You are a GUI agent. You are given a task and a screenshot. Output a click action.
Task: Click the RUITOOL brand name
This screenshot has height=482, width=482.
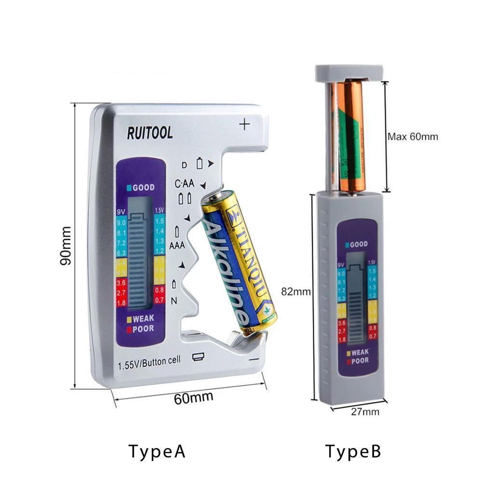click(150, 133)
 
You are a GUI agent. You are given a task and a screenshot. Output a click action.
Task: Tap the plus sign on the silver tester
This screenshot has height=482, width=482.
click(245, 124)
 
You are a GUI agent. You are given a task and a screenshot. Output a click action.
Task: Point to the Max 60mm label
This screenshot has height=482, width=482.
click(413, 136)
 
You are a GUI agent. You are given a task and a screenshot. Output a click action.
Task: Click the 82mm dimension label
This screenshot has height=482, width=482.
click(295, 291)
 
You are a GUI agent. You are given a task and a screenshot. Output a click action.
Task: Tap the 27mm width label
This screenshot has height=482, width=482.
click(364, 411)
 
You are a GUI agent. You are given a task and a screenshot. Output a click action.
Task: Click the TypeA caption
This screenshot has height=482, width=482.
click(157, 452)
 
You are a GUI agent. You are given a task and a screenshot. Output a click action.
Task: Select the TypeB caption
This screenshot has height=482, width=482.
click(353, 452)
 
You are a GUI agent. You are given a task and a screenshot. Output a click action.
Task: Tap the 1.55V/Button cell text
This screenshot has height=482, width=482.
click(149, 362)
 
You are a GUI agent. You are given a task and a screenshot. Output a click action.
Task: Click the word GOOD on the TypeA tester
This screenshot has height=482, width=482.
click(143, 187)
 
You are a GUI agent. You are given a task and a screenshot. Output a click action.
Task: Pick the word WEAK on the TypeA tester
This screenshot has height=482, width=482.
click(143, 318)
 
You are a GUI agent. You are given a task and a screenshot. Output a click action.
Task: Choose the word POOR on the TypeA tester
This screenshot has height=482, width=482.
click(143, 329)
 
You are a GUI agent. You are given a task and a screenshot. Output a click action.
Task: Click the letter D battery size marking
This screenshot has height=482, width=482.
click(184, 165)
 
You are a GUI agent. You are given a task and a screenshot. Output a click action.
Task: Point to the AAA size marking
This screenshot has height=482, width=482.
click(177, 245)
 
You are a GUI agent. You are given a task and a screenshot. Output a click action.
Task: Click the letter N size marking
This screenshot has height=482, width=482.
click(175, 301)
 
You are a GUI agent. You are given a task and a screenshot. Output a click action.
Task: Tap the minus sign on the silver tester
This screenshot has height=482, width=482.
click(254, 359)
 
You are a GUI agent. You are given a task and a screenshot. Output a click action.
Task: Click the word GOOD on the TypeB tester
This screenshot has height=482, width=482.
click(358, 244)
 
